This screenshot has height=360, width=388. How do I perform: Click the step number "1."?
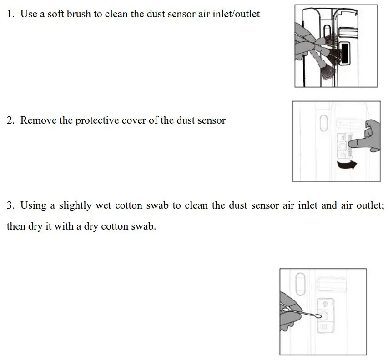11,14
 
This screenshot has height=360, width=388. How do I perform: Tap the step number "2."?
11,120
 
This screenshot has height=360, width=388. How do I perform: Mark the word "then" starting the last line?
15,226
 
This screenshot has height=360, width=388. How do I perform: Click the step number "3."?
11,205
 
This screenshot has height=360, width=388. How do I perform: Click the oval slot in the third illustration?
300,284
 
